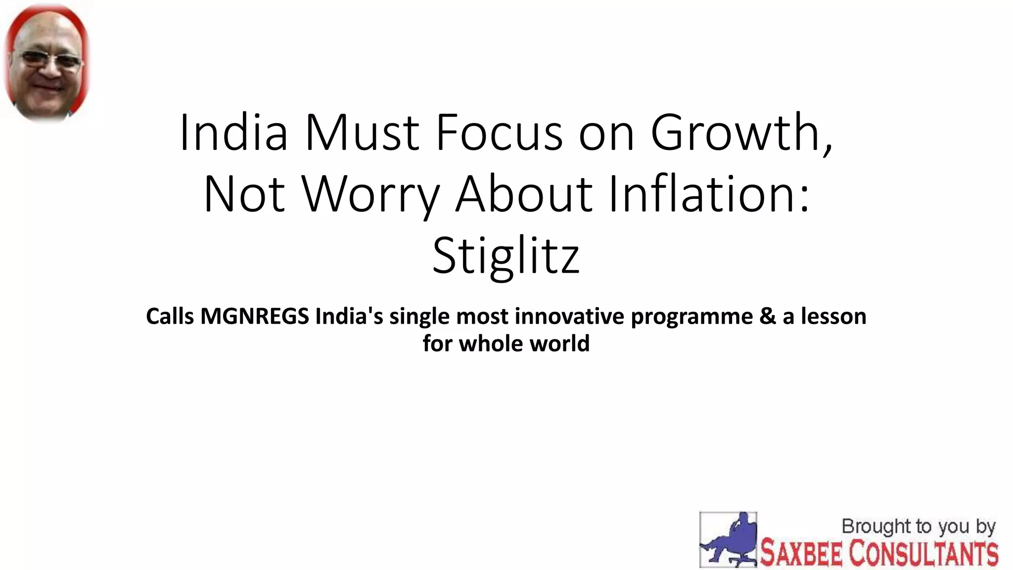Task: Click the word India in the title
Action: point(233,133)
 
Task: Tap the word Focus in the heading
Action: point(499,133)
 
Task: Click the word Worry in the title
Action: point(370,194)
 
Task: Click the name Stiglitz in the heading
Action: point(506,256)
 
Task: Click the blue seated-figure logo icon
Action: point(728,539)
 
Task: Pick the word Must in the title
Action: point(362,133)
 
